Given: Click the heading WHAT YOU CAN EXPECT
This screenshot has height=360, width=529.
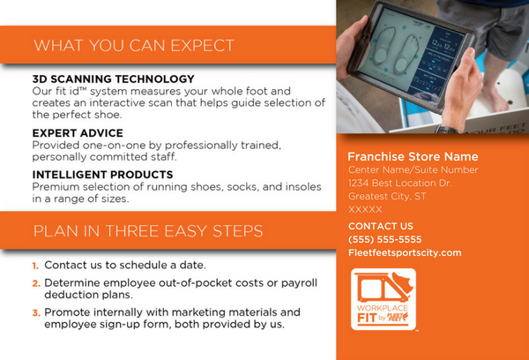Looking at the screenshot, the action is pyautogui.click(x=134, y=46).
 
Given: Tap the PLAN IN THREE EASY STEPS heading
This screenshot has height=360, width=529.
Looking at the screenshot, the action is pyautogui.click(x=148, y=231).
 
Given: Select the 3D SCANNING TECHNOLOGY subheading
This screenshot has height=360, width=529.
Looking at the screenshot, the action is pyautogui.click(x=114, y=79).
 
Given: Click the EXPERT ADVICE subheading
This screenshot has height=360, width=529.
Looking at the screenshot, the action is pyautogui.click(x=78, y=133).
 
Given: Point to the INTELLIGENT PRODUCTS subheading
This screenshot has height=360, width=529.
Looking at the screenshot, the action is pyautogui.click(x=102, y=175).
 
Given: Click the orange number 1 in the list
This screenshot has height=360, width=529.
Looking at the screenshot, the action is pyautogui.click(x=35, y=266).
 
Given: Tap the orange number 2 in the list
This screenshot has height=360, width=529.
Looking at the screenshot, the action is pyautogui.click(x=36, y=283).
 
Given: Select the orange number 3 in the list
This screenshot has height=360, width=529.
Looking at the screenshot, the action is pyautogui.click(x=36, y=313).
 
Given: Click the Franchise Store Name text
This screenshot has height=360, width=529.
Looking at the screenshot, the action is pyautogui.click(x=413, y=157).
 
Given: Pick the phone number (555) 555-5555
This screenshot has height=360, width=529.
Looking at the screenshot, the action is pyautogui.click(x=385, y=239).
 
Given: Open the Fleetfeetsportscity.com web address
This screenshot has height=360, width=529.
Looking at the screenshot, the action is pyautogui.click(x=405, y=253).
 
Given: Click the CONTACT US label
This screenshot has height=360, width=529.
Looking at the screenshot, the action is pyautogui.click(x=381, y=226).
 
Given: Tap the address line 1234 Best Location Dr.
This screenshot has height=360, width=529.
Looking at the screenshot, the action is pyautogui.click(x=399, y=183).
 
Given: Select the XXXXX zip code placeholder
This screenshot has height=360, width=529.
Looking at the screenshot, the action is pyautogui.click(x=365, y=210).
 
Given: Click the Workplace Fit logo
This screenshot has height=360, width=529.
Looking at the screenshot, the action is pyautogui.click(x=384, y=299).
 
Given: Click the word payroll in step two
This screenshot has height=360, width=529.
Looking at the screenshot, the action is pyautogui.click(x=299, y=283).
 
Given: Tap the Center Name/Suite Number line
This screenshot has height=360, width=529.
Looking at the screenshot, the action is pyautogui.click(x=414, y=170).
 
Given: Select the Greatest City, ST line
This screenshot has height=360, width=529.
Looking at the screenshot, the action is pyautogui.click(x=387, y=197).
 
